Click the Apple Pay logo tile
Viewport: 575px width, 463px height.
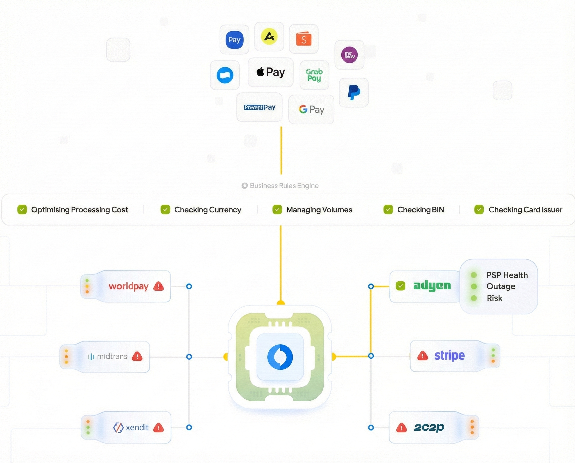coord(271,72)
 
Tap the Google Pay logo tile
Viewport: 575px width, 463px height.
coord(311,109)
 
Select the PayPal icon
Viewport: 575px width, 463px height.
coord(354,93)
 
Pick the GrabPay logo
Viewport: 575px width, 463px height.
coord(314,75)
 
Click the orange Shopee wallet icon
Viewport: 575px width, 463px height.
coord(304,39)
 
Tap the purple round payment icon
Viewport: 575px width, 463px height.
coord(349,55)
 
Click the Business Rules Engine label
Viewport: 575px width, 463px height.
coord(284,186)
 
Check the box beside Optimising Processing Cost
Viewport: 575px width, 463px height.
coord(22,210)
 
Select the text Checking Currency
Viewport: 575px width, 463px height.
coord(208,210)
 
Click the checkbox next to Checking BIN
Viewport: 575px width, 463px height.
coord(388,210)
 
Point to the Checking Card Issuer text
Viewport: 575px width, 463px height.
coord(525,210)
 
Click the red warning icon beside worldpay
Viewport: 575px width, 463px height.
coord(159,286)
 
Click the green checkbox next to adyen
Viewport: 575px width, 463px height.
coord(400,286)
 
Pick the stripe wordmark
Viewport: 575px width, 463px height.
coord(450,355)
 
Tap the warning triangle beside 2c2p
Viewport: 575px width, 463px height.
coord(401,428)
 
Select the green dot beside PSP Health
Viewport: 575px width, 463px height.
coord(474,275)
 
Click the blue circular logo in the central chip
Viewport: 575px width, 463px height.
coord(280,357)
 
